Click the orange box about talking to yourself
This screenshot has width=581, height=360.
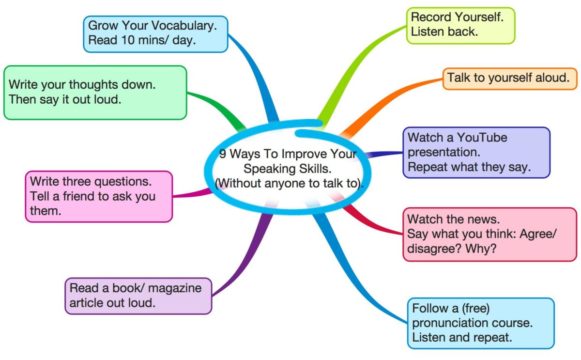pyautogui.click(x=509, y=78)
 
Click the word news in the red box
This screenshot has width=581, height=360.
pyautogui.click(x=485, y=219)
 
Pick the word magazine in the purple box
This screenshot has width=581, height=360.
pyautogui.click(x=175, y=288)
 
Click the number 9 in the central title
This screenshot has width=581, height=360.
pyautogui.click(x=222, y=155)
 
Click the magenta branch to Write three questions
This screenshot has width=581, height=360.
pyautogui.click(x=191, y=194)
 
